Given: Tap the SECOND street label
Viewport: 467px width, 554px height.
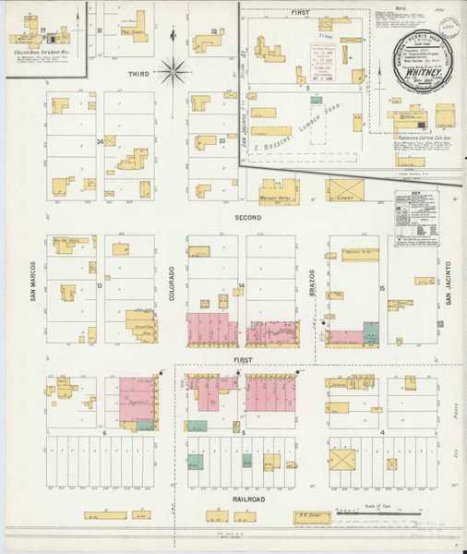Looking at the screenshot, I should pos(248,218).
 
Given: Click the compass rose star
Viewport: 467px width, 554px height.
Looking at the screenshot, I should pos(174,70).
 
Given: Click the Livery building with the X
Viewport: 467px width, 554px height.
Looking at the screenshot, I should pos(346,190).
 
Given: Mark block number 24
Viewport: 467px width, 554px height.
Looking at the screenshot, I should pos(100,141).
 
